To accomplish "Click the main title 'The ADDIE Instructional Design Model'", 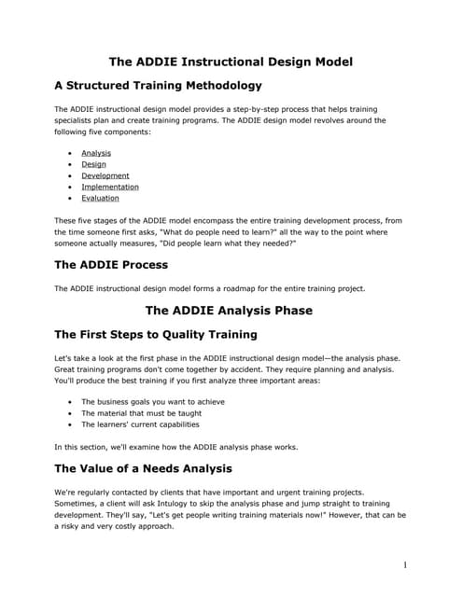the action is (x=231, y=62).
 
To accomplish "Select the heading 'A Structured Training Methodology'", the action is (x=158, y=87).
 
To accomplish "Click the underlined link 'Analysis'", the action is (x=96, y=153).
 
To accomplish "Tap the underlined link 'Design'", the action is (x=93, y=164).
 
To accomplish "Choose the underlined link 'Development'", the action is (x=105, y=175).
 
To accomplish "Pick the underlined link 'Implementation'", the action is (x=110, y=187).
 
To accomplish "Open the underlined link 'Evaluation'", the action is (x=100, y=198).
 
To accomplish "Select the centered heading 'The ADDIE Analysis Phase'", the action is (x=231, y=311).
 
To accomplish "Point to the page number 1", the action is (x=405, y=564).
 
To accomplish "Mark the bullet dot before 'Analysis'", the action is (x=70, y=153).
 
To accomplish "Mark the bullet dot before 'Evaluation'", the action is (x=70, y=198).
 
